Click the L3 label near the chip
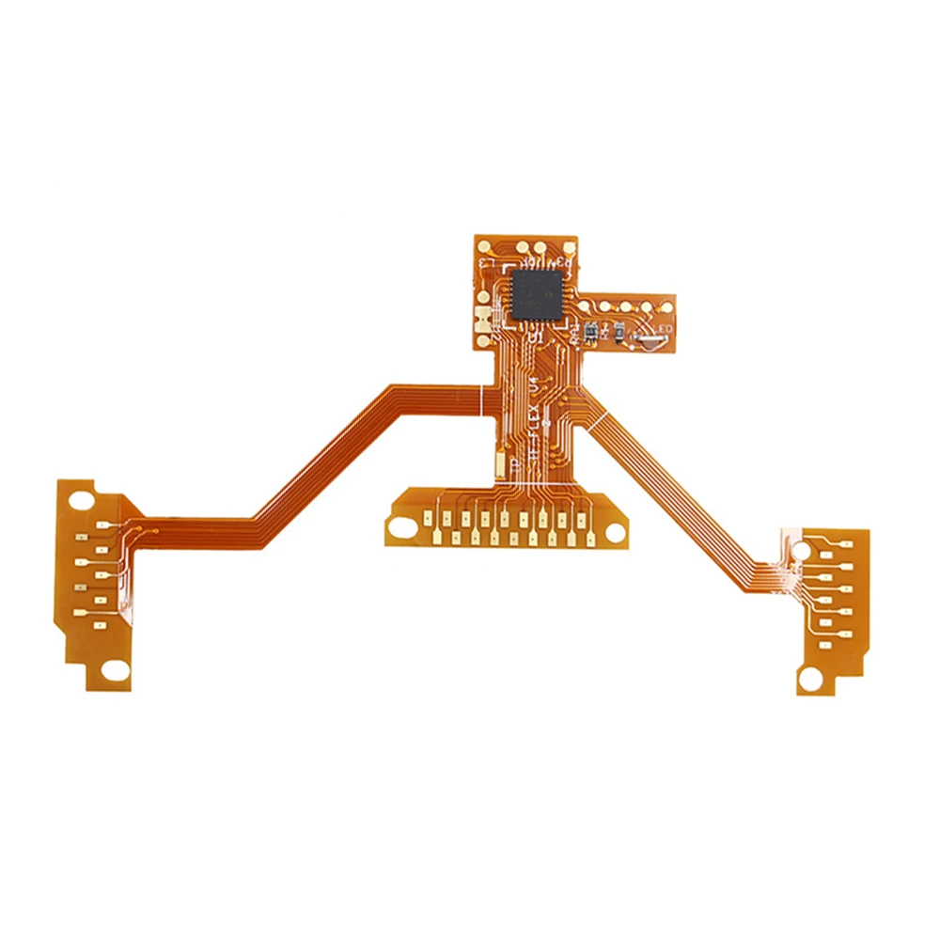pos(489,263)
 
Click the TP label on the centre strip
pos(513,464)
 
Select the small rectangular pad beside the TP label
pos(498,463)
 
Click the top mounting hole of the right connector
pos(800,545)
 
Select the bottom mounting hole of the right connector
pos(810,677)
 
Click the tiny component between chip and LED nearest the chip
pos(590,330)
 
